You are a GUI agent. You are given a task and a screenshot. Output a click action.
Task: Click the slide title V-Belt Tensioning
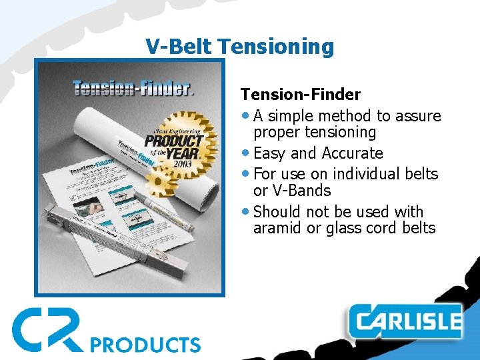239,46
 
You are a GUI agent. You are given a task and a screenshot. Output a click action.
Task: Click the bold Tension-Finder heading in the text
300,95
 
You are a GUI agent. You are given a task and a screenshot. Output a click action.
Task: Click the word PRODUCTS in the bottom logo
145,345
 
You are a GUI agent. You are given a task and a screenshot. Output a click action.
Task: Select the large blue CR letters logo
47,329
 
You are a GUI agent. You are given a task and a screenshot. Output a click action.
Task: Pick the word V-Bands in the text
292,191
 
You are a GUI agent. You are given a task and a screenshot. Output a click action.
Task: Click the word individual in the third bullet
366,174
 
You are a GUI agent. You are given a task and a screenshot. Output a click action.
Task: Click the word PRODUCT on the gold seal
174,141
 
